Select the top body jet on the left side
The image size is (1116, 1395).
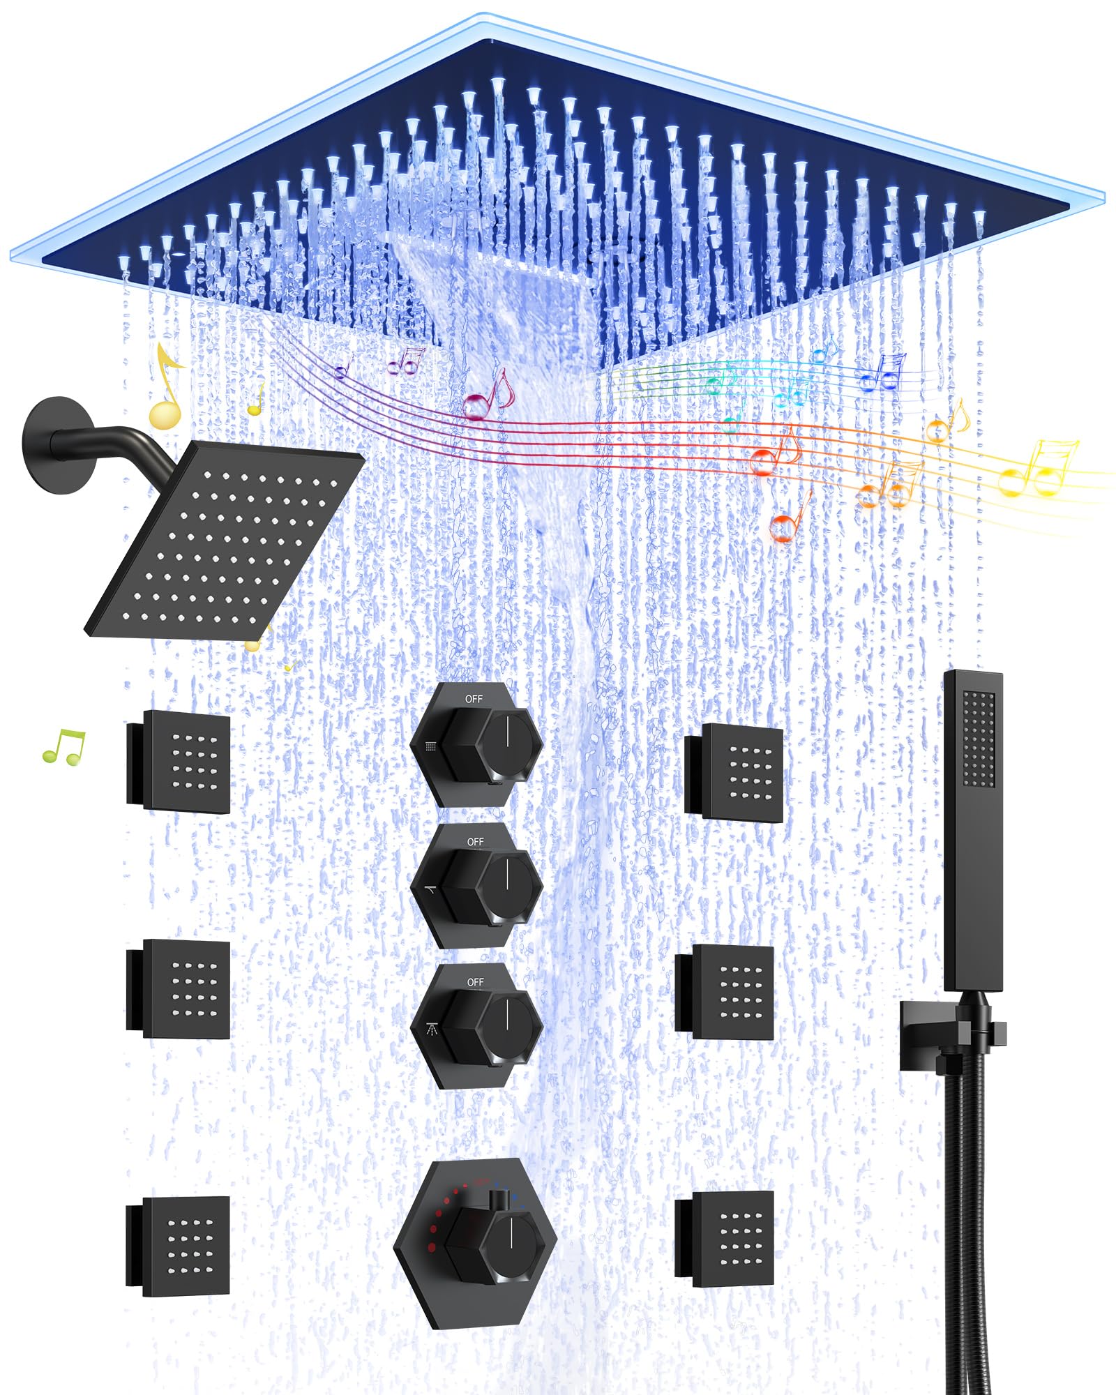click(185, 762)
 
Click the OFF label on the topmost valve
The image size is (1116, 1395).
click(474, 699)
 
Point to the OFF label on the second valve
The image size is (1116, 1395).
click(475, 842)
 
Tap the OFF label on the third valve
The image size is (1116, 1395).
click(475, 982)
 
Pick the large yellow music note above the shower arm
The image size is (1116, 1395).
click(166, 391)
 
